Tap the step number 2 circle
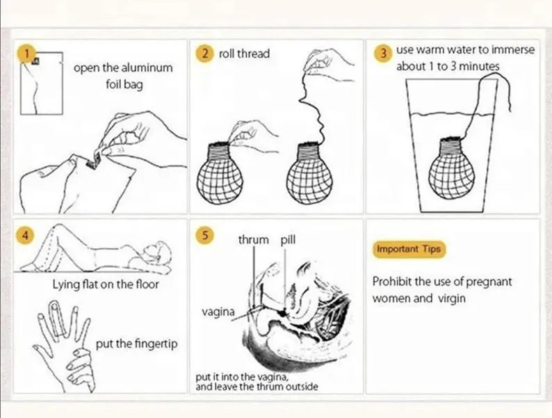click(204, 54)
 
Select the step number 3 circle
click(384, 54)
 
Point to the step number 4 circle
click(24, 235)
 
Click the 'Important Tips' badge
click(409, 249)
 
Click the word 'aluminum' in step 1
click(147, 67)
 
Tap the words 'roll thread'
click(244, 54)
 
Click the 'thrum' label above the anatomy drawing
click(254, 240)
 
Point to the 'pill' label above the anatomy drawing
click(288, 240)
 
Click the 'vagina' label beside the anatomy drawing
click(218, 312)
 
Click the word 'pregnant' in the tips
click(489, 282)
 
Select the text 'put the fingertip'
click(136, 344)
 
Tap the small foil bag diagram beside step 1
click(42, 83)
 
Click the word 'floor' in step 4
click(147, 284)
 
